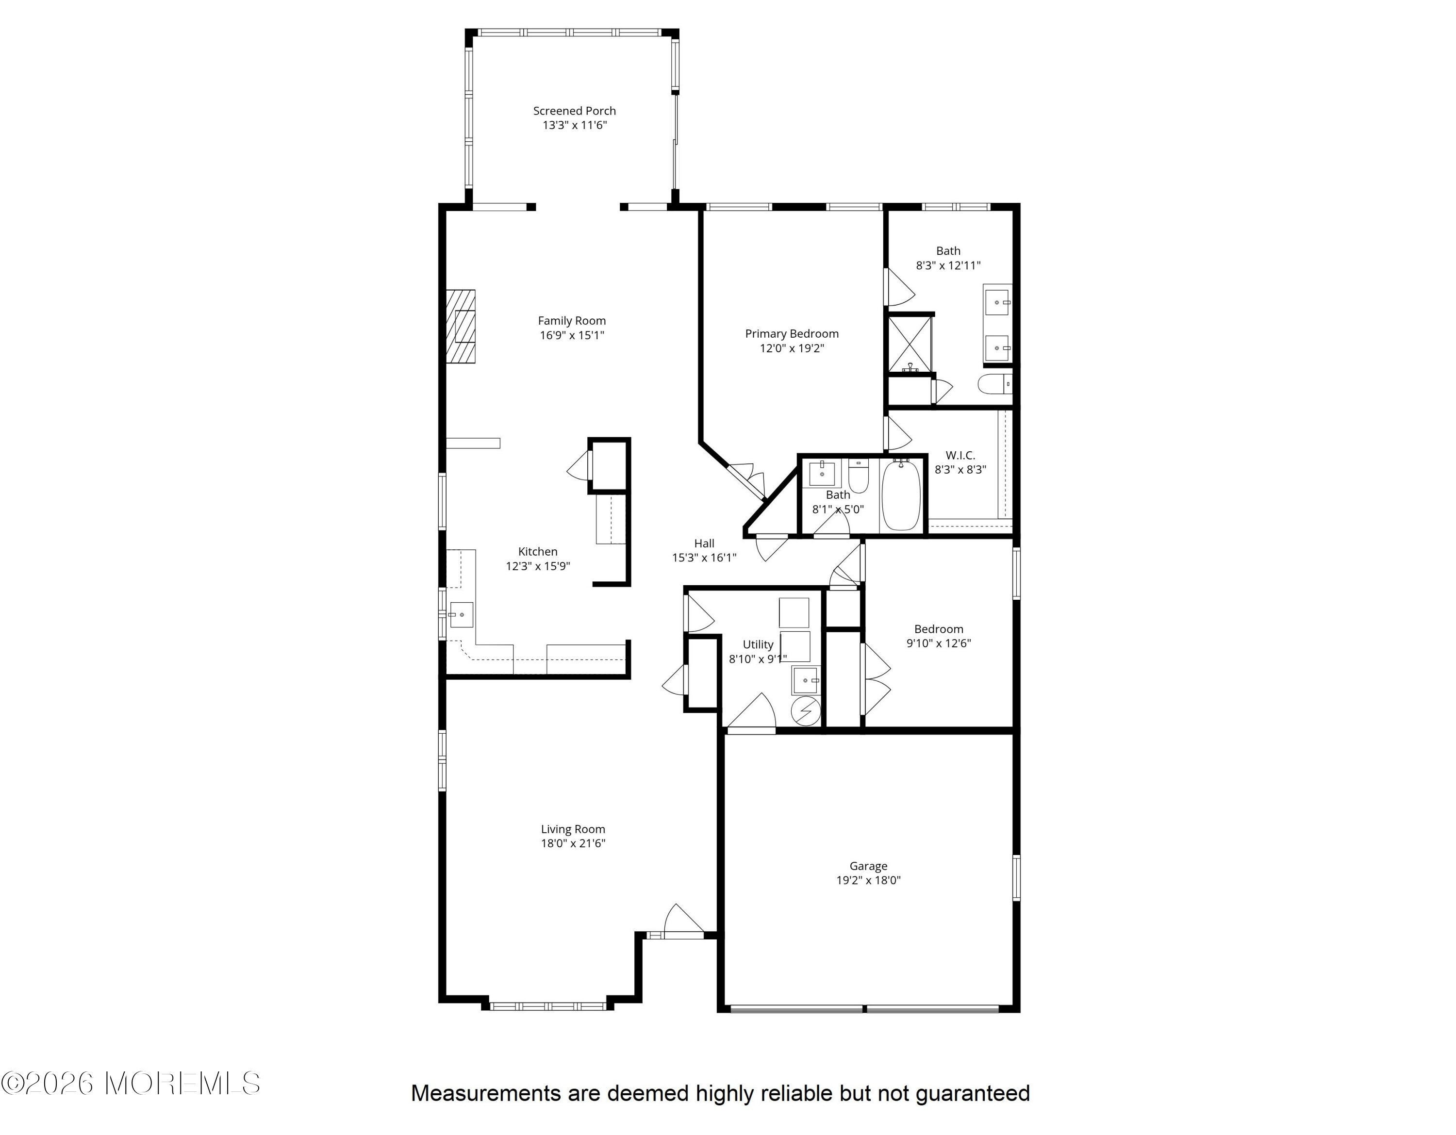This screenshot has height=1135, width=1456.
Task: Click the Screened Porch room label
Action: point(574,111)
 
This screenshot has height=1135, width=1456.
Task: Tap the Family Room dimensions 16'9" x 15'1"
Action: point(572,335)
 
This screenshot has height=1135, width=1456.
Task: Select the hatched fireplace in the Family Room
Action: point(461,327)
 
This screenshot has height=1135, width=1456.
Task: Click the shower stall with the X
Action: point(910,344)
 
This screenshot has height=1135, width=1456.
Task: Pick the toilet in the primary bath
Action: point(994,384)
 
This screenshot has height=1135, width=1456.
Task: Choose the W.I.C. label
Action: point(960,455)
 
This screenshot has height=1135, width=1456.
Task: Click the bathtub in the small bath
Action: point(901,494)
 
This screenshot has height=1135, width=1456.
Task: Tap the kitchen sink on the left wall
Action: point(461,614)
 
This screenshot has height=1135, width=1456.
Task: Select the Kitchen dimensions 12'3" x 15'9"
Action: point(538,566)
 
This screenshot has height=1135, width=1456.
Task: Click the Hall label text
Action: point(704,543)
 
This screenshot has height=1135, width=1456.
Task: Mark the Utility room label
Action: point(758,644)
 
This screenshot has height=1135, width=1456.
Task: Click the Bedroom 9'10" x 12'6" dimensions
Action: point(939,643)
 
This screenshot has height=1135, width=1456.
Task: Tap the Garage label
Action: point(868,866)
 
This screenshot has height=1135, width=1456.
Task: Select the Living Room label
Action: point(573,829)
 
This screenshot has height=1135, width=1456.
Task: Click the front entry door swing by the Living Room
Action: point(682,920)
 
